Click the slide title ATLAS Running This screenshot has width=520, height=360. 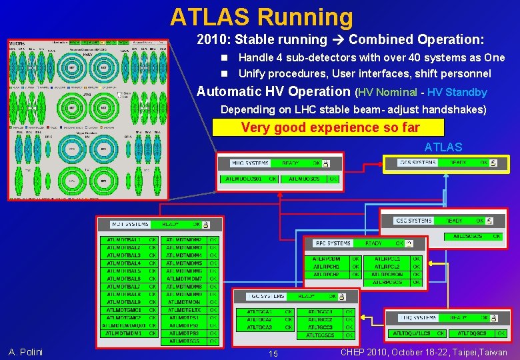pos(261,17)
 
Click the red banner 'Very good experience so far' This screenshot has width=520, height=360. pos(327,127)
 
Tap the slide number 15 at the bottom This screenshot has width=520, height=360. pos(273,353)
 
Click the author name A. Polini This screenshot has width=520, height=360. pos(25,352)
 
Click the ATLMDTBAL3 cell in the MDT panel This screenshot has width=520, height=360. pos(123,255)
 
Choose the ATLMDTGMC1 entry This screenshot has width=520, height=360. pos(123,309)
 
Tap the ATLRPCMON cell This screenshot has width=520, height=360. pos(387,274)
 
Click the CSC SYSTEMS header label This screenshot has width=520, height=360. pos(413,220)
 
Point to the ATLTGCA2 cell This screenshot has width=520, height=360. pos(259,319)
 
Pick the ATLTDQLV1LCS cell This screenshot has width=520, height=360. pos(411,333)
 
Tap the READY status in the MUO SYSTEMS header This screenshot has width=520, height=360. pos(290,163)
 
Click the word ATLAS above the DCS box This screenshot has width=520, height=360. pos(442,147)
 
